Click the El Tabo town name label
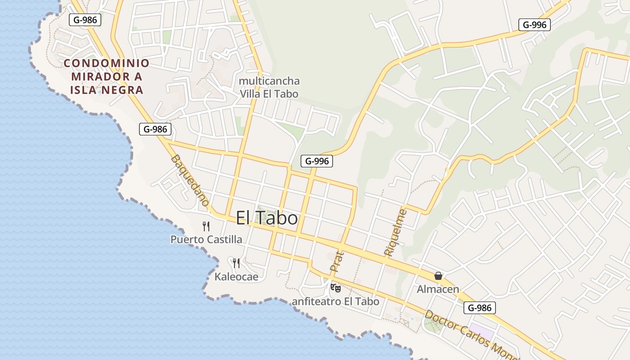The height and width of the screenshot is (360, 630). click(x=267, y=218)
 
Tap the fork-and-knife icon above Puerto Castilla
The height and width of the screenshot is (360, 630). click(x=206, y=226)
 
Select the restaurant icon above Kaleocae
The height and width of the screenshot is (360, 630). click(x=236, y=263)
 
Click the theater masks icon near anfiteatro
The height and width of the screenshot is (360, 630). click(x=335, y=288)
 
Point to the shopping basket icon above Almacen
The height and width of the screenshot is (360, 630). click(x=438, y=276)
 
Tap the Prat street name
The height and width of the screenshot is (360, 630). click(x=337, y=261)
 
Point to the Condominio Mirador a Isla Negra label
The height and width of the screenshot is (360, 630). click(x=106, y=76)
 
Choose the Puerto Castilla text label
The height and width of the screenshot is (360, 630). click(x=206, y=239)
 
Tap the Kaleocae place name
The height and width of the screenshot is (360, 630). click(x=236, y=276)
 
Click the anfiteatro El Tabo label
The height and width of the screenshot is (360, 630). click(x=336, y=301)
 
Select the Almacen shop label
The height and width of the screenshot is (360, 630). click(x=438, y=289)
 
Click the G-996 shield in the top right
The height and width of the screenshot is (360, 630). click(x=535, y=25)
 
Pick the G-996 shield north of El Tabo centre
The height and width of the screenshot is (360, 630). click(x=317, y=161)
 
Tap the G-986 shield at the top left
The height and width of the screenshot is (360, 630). click(x=85, y=19)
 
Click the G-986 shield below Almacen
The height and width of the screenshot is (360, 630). click(x=480, y=308)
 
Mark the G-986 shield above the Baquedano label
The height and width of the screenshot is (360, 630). click(x=155, y=129)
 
